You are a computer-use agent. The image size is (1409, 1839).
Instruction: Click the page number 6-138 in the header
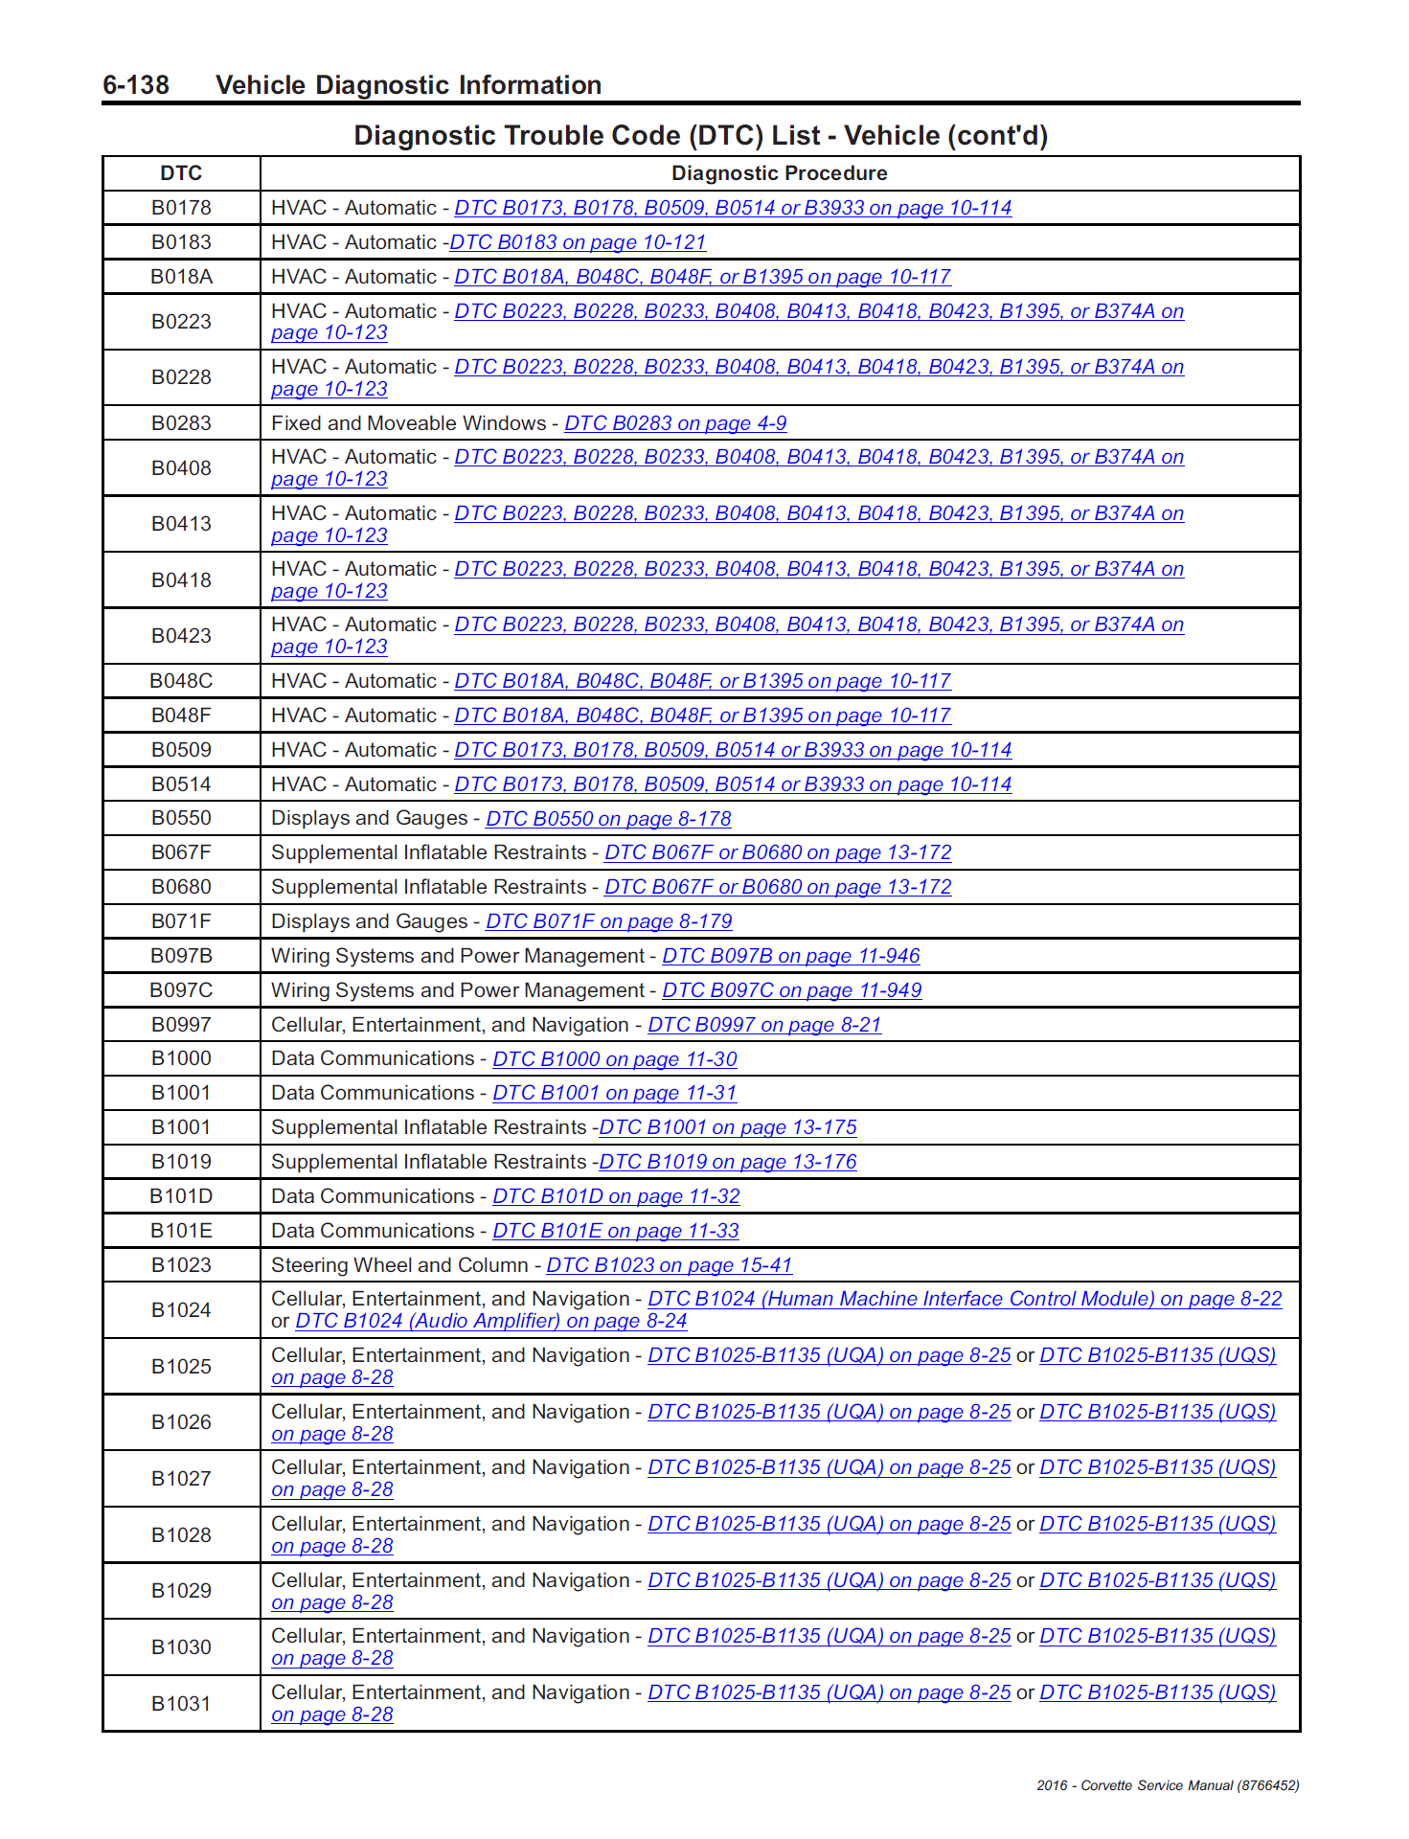[x=136, y=85]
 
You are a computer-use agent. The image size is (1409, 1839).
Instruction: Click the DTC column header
[x=181, y=173]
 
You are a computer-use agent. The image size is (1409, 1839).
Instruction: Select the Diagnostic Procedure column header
[x=779, y=173]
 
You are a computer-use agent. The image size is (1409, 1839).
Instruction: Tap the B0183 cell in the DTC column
[x=181, y=242]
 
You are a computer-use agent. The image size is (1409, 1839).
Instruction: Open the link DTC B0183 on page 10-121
[x=578, y=243]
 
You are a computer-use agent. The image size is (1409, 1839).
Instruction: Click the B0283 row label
[x=181, y=423]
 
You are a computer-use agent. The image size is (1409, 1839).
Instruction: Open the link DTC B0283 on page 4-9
[x=675, y=424]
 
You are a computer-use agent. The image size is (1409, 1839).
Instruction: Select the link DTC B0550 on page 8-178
[x=608, y=819]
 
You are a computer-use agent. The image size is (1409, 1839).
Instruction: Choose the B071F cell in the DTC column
[x=181, y=921]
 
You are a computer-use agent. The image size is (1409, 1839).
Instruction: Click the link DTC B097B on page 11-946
[x=791, y=956]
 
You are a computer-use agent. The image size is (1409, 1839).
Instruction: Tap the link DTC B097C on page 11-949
[x=792, y=990]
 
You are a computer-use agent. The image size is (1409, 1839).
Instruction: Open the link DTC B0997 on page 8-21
[x=764, y=1025]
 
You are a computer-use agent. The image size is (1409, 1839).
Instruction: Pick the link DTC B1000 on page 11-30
[x=615, y=1059]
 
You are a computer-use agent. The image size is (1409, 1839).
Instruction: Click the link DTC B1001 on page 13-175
[x=728, y=1128]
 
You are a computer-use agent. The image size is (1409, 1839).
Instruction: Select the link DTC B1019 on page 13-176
[x=728, y=1163]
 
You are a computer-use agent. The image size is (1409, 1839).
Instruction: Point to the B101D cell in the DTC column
[x=181, y=1196]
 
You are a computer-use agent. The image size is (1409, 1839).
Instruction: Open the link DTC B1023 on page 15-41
[x=670, y=1265]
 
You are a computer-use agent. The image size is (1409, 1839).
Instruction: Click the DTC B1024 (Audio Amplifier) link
[x=491, y=1322]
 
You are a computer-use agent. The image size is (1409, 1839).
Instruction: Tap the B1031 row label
[x=181, y=1704]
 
